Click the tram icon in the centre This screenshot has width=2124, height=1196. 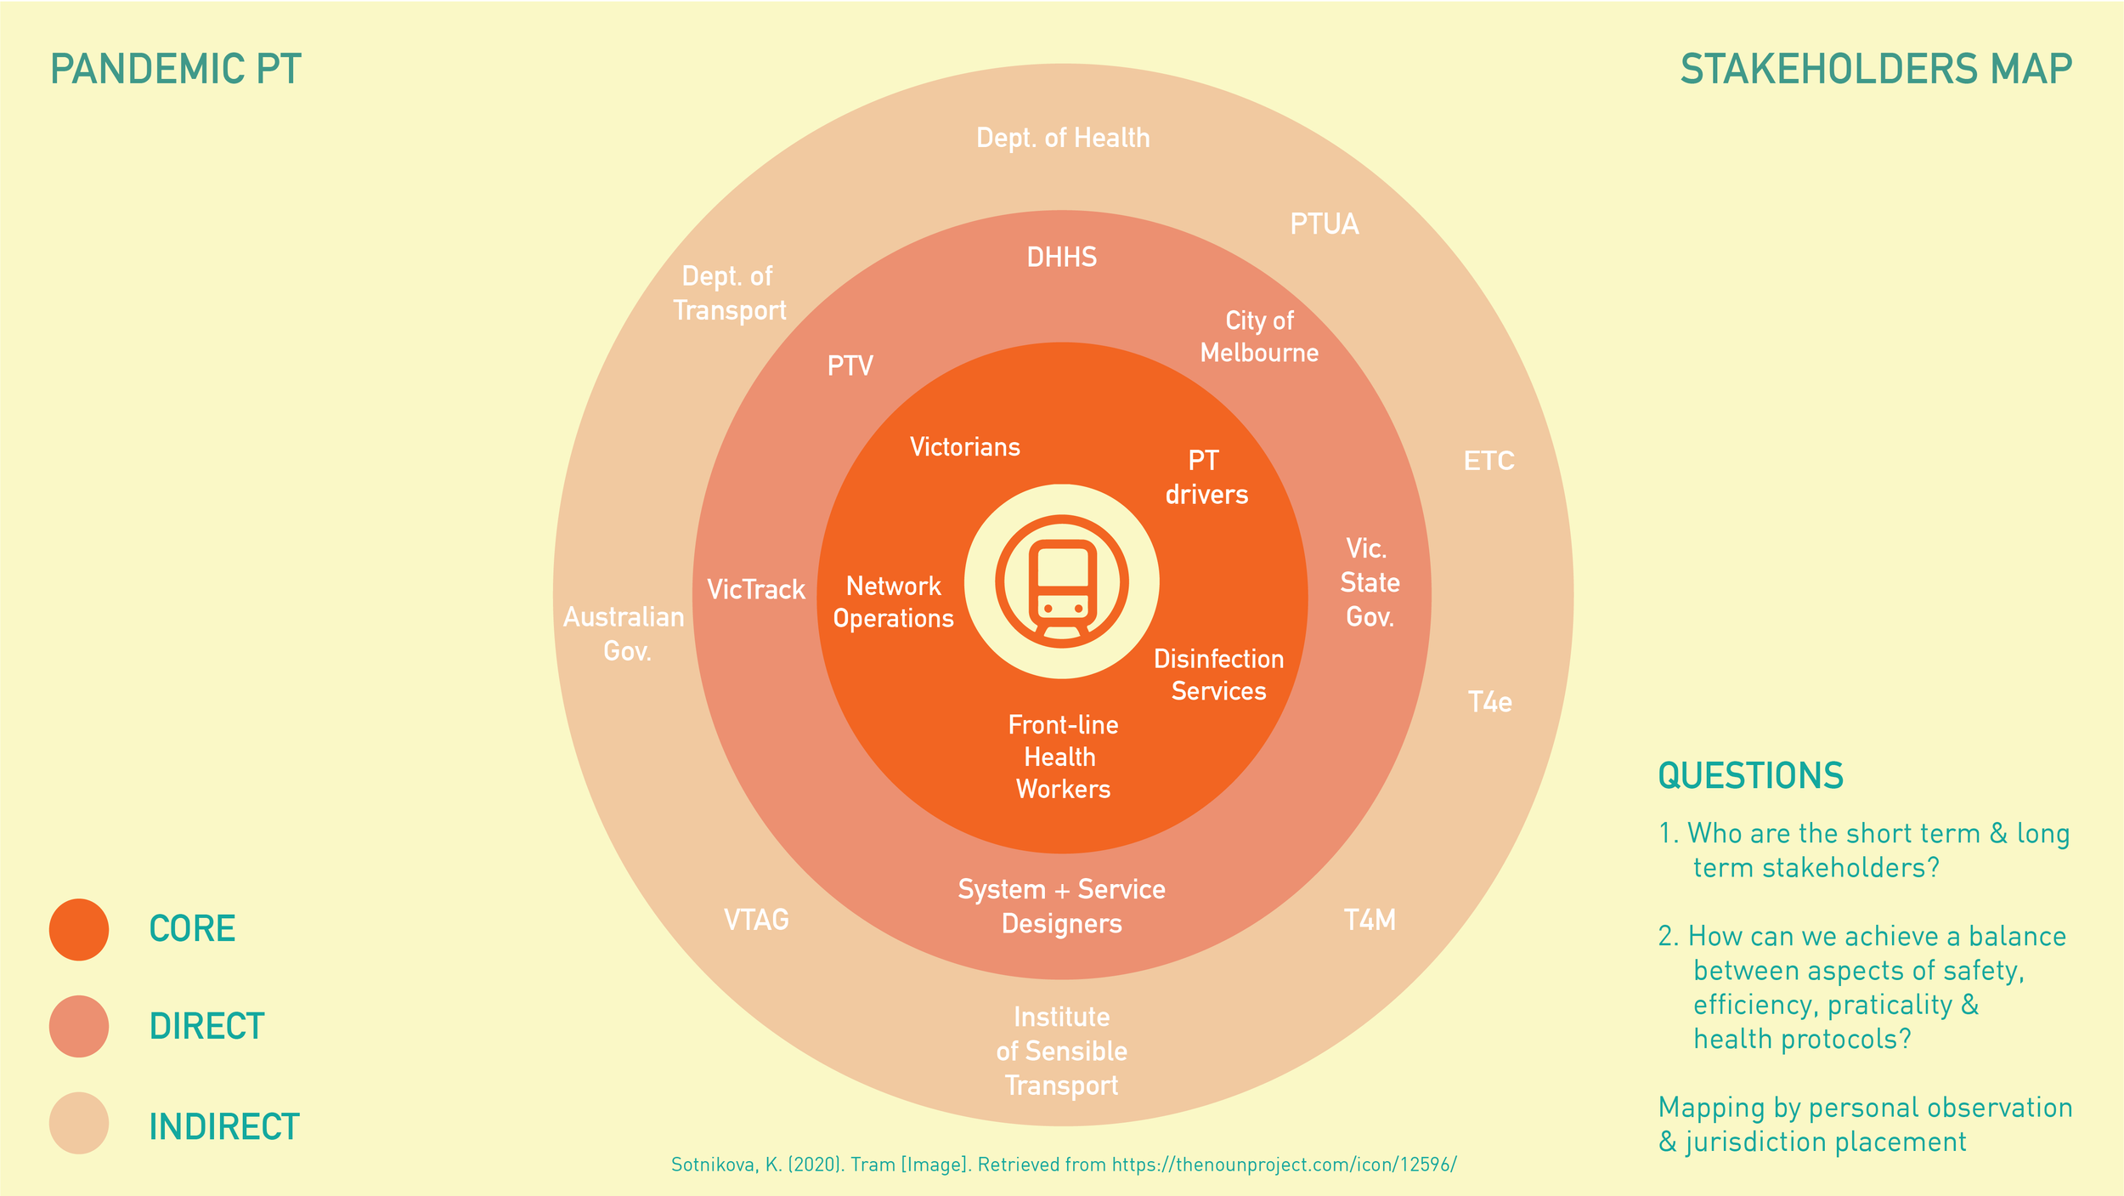tap(1062, 582)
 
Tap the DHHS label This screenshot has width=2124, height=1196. tap(1062, 257)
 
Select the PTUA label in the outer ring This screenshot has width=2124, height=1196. tap(1324, 224)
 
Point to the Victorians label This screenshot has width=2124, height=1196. tap(964, 447)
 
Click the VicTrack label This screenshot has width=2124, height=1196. tap(755, 589)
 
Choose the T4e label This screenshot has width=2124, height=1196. tap(1489, 702)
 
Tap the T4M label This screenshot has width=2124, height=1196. tap(1370, 920)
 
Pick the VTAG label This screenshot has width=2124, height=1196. tap(756, 920)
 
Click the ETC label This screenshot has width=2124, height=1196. tap(1488, 461)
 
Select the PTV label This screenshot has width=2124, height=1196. tap(850, 366)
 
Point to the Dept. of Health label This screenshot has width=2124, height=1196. tap(1062, 138)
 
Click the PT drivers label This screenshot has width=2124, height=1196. tap(1206, 478)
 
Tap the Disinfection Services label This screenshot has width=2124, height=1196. tap(1218, 675)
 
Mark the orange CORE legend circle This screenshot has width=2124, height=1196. tap(79, 929)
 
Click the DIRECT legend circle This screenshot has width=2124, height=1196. tap(79, 1026)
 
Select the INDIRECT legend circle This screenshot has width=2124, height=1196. tap(79, 1123)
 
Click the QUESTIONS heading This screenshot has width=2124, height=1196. tap(1750, 775)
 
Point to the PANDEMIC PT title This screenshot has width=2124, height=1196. tap(176, 70)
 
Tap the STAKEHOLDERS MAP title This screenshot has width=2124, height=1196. tap(1876, 70)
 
